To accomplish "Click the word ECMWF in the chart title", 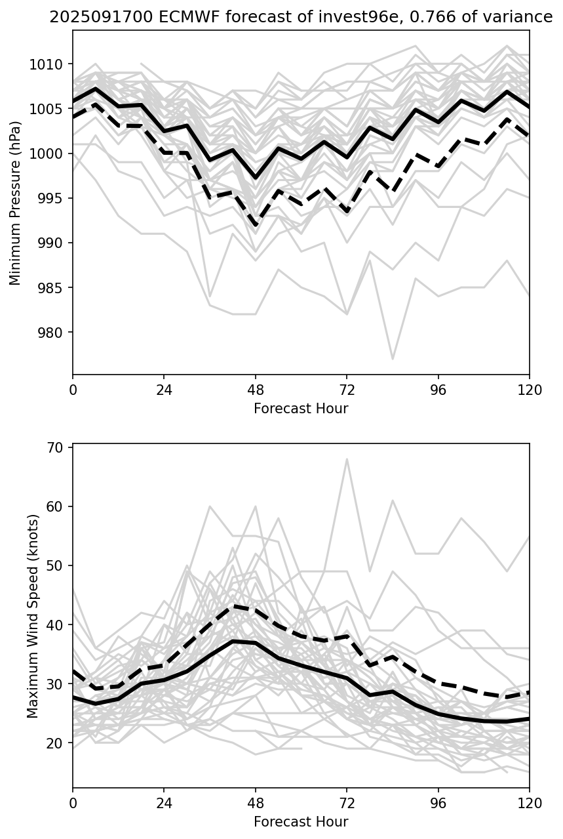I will [157, 17].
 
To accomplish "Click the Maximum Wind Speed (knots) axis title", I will [33, 615].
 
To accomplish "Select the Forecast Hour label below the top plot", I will [301, 409].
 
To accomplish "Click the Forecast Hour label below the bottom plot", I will [301, 821].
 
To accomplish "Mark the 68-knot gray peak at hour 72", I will [347, 459].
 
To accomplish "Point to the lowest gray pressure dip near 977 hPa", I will [392, 359].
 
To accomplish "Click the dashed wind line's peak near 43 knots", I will [233, 606].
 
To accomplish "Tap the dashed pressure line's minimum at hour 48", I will [256, 226].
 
